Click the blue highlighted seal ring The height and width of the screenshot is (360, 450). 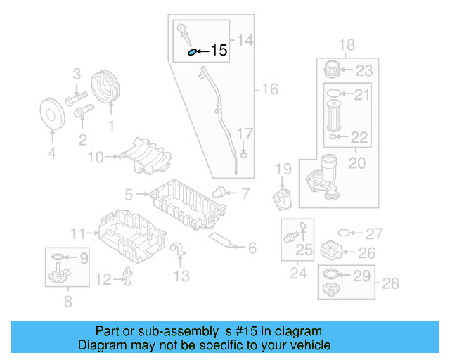pyautogui.click(x=192, y=52)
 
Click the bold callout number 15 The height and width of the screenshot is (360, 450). pyautogui.click(x=219, y=50)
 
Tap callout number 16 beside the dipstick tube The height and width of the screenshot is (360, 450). pyautogui.click(x=270, y=89)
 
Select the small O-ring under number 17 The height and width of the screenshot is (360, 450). pyautogui.click(x=243, y=155)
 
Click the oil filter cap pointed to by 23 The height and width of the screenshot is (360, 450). pyautogui.click(x=331, y=69)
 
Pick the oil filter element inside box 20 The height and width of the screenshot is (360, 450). pyautogui.click(x=334, y=116)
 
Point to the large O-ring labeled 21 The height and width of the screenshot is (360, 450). pyautogui.click(x=334, y=94)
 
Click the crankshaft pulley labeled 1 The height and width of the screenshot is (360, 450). pyautogui.click(x=105, y=86)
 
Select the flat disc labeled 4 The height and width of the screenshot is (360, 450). pyautogui.click(x=52, y=115)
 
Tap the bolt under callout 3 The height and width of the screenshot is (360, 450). pyautogui.click(x=77, y=98)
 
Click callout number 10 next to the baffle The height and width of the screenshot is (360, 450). pyautogui.click(x=96, y=157)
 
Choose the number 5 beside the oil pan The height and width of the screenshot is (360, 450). pyautogui.click(x=129, y=195)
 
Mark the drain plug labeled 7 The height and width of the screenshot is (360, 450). pyautogui.click(x=219, y=193)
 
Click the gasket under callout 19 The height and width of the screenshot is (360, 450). pyautogui.click(x=282, y=200)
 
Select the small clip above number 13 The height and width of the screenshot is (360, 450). pyautogui.click(x=178, y=249)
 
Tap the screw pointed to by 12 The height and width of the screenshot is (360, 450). pyautogui.click(x=128, y=276)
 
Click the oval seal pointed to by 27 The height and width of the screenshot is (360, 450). pyautogui.click(x=344, y=233)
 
